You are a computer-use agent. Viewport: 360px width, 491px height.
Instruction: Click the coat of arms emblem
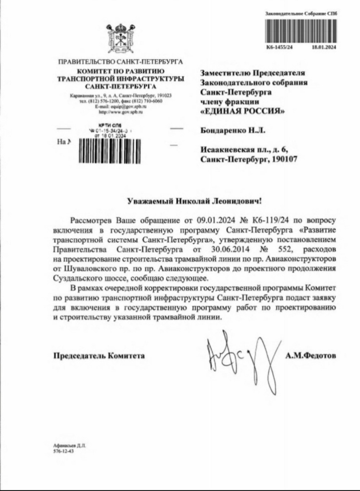[120, 40]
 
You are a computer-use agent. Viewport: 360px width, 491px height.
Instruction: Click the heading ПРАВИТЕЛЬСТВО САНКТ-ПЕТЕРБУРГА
[120, 61]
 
